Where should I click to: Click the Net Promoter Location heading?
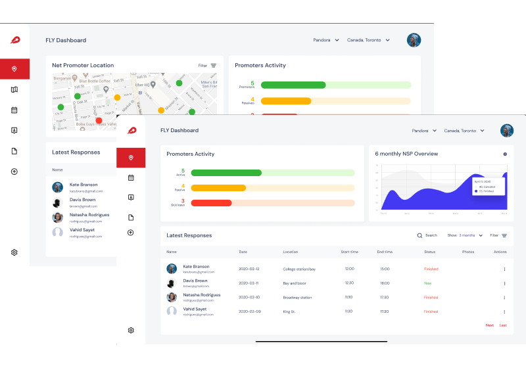[83, 65]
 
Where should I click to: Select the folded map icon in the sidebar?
[14, 89]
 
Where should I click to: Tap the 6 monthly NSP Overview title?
[406, 154]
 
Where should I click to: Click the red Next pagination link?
[489, 325]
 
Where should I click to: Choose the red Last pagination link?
[503, 325]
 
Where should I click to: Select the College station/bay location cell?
[299, 269]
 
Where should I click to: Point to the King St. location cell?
[289, 311]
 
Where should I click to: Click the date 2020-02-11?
[249, 283]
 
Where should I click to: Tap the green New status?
[427, 283]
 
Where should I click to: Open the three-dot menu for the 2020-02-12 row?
[504, 269]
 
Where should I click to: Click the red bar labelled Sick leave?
[210, 203]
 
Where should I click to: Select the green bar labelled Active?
[226, 172]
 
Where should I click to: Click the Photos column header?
[467, 252]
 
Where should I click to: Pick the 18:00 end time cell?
[385, 283]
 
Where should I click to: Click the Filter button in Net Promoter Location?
[207, 65]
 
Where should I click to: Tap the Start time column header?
[349, 252]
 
